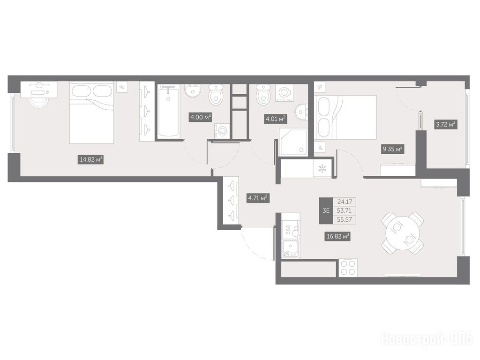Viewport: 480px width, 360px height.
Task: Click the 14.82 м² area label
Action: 90,159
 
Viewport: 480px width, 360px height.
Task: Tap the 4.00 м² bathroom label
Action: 201,117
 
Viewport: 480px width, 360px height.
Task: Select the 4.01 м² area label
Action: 276,119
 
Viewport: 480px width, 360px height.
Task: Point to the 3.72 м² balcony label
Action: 446,124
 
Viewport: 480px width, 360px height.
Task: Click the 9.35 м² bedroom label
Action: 393,150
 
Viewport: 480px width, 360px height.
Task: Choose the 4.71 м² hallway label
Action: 258,198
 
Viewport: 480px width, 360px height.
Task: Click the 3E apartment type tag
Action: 326,210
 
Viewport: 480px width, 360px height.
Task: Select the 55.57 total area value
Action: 345,219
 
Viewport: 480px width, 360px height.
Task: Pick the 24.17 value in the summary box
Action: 345,202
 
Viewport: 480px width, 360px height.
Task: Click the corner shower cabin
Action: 293,143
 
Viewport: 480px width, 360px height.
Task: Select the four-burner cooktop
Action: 348,268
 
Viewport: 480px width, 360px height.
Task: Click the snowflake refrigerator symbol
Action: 322,168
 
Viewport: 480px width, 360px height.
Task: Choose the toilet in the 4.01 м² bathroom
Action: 263,94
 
